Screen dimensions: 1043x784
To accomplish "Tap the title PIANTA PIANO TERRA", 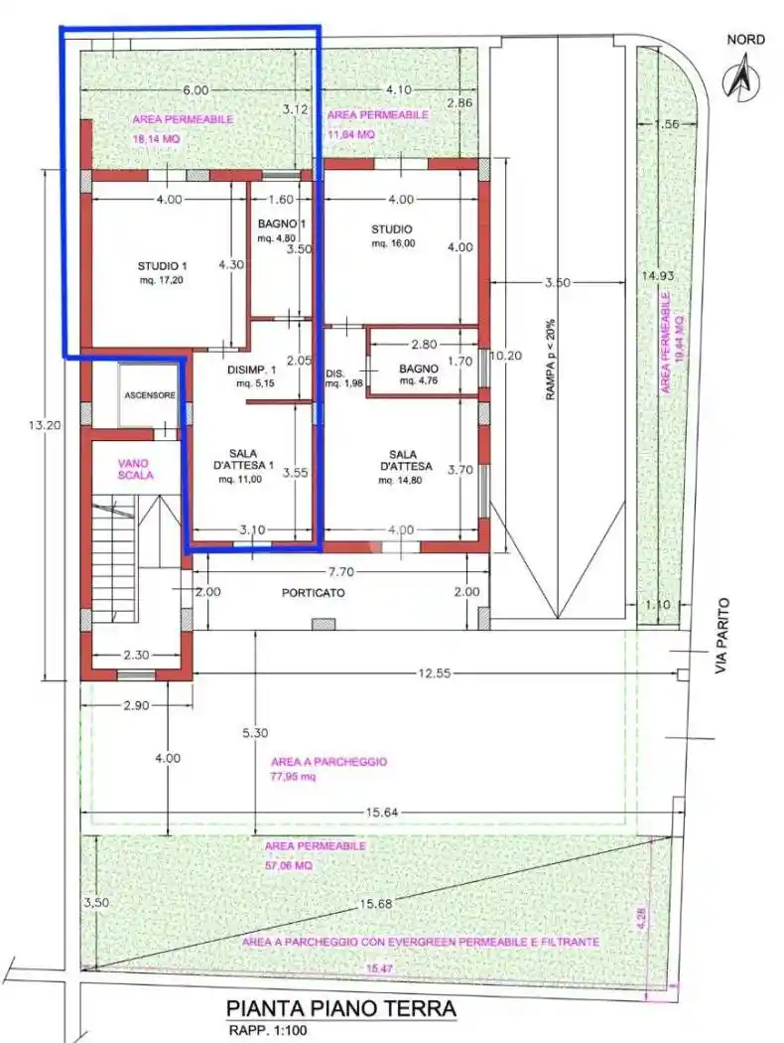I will click(x=341, y=1009).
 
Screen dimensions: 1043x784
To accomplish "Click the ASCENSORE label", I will click(x=150, y=395).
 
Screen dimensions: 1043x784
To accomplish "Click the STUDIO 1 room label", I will click(x=162, y=265).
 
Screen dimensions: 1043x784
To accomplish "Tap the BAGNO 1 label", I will click(x=275, y=224).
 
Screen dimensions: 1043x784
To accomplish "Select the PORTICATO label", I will click(x=314, y=592).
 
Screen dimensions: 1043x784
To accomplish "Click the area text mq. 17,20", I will click(x=160, y=280).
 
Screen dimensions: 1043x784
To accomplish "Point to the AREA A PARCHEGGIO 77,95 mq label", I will click(x=327, y=769).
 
